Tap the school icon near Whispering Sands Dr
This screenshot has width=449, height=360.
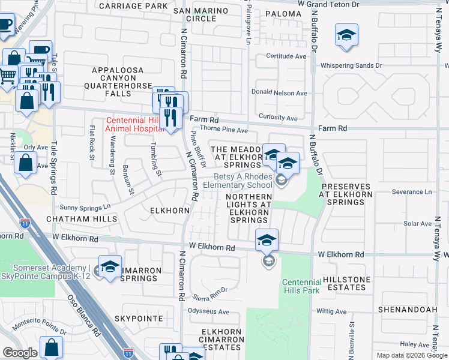(x=346, y=35)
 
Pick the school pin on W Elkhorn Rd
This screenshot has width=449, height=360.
(x=267, y=241)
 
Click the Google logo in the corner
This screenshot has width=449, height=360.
(x=20, y=353)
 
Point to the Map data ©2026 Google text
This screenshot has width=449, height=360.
(x=411, y=355)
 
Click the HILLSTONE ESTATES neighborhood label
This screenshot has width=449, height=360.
(x=344, y=283)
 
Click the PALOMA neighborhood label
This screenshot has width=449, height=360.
(x=282, y=13)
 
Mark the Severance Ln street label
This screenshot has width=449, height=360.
(x=412, y=192)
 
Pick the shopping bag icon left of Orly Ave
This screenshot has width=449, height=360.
(x=26, y=163)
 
